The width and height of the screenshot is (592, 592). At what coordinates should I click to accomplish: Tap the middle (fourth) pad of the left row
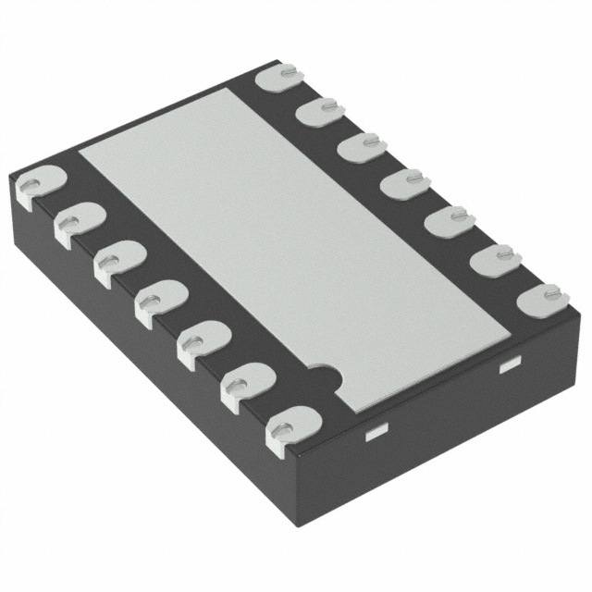click(160, 303)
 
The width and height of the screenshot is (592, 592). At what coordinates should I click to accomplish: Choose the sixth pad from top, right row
click(491, 261)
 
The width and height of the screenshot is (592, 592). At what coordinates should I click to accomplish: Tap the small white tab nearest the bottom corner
click(376, 432)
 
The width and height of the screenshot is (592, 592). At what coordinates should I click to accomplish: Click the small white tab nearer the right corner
click(508, 367)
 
